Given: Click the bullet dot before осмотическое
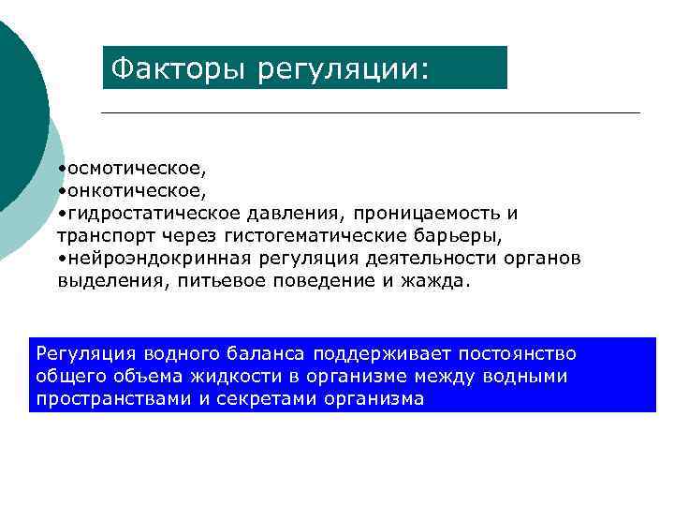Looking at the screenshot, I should (60, 170).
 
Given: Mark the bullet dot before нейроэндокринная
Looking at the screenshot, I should (60, 258).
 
